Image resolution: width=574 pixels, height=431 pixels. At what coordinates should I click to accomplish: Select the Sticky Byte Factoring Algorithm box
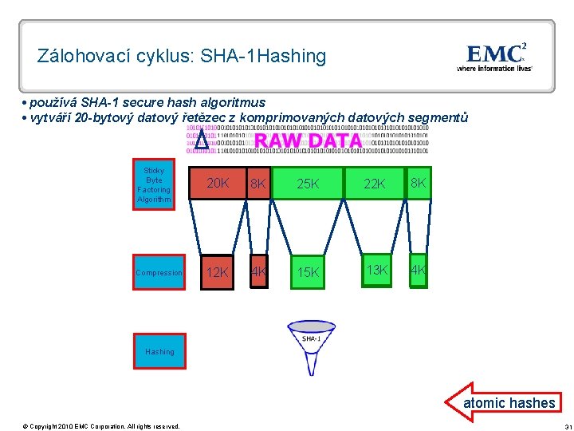pos(154,184)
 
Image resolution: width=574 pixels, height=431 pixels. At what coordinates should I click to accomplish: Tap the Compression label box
pos(159,273)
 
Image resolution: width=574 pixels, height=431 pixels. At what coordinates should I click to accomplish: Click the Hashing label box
pos(159,352)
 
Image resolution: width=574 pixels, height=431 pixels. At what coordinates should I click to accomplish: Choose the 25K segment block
pos(308,184)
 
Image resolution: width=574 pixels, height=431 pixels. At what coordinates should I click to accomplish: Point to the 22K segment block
pos(375,184)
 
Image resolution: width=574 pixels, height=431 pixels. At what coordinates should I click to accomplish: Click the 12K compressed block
pos(218,272)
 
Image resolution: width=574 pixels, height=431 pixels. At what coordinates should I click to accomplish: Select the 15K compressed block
pos(308,272)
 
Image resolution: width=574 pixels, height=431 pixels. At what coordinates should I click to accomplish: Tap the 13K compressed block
pos(375,271)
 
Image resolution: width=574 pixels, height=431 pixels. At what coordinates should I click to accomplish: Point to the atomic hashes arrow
pos(502,402)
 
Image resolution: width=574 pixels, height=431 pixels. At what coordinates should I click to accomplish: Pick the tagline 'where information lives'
pos(494,69)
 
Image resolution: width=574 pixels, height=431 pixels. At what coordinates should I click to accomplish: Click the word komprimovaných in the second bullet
pos(319,118)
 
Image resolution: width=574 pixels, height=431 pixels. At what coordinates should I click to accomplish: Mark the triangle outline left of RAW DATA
pos(202,140)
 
